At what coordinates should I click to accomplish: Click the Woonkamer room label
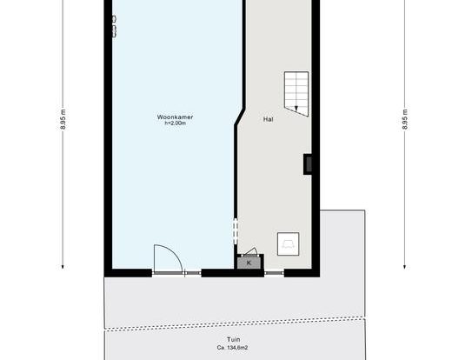point(175,117)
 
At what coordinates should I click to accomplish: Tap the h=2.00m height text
point(175,123)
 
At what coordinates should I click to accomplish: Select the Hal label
point(269,119)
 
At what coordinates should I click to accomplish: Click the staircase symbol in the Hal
point(296,94)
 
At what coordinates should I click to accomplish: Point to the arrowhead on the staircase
point(296,109)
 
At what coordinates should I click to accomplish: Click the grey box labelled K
point(249,263)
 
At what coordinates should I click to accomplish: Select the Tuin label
point(234,339)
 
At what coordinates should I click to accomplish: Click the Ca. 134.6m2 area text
point(232,348)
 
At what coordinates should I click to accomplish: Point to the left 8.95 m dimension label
point(63,119)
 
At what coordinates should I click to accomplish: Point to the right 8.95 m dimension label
point(405,119)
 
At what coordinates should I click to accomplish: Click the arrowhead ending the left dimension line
point(63,266)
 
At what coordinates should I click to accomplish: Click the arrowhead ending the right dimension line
point(405,266)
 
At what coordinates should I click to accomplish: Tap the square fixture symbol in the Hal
point(288,243)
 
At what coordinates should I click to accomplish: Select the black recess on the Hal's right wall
point(308,163)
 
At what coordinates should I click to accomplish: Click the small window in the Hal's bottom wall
point(274,273)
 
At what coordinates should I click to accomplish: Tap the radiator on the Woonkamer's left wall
point(114,26)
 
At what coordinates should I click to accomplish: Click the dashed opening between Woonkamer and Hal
point(236,231)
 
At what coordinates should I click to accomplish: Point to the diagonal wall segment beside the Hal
point(240,117)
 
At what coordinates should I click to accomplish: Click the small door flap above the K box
point(251,251)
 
